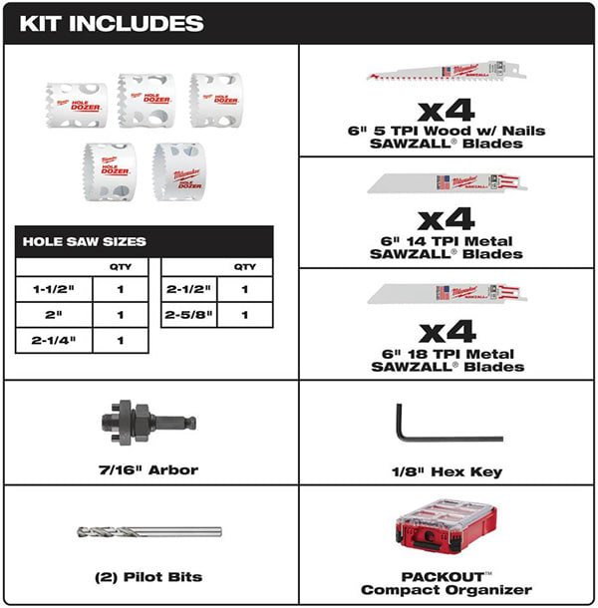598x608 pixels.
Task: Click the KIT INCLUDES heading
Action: coord(111,23)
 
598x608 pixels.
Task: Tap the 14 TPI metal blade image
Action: coord(447,183)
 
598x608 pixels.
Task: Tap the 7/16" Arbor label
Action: coord(151,469)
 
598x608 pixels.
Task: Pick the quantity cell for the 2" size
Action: coord(120,315)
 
